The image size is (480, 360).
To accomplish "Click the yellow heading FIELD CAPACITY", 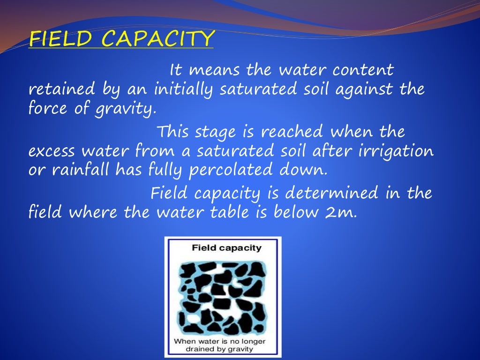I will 121,39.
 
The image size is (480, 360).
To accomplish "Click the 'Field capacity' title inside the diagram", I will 227,248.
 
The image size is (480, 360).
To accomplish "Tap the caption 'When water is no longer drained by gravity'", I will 220,345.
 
